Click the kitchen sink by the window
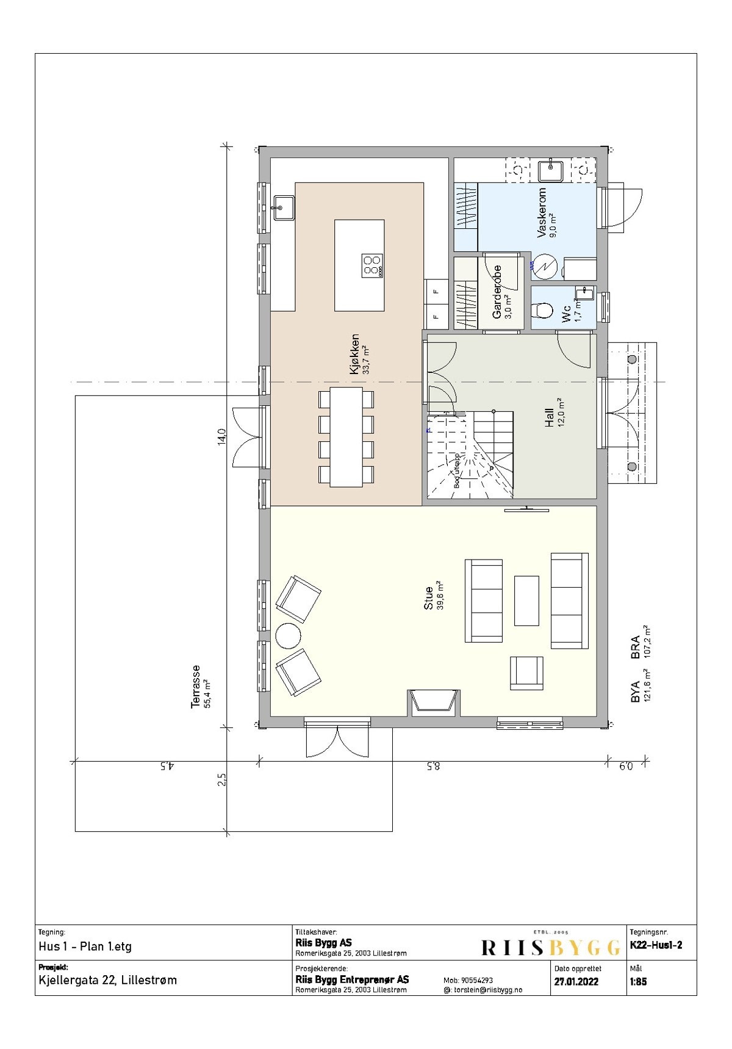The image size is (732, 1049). coord(284,208)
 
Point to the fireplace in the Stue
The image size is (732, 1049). coord(434,702)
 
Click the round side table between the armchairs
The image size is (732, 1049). coord(288,636)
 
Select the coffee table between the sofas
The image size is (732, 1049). coord(526,600)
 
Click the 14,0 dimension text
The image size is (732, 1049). coord(222,436)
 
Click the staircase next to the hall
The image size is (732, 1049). coord(470,455)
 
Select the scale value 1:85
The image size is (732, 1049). coord(638,982)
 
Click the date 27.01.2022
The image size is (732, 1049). coord(576,982)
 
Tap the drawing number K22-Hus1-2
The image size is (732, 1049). coord(656,946)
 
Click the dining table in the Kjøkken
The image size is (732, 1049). coord(346,436)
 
